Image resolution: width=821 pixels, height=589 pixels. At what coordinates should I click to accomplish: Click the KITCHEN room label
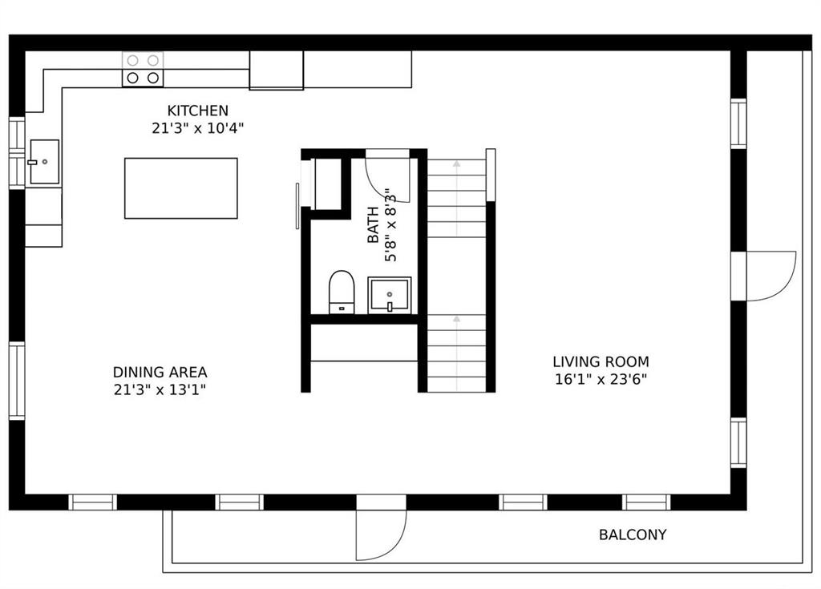197,111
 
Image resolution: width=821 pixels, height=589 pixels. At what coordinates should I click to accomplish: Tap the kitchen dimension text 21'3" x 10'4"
197,127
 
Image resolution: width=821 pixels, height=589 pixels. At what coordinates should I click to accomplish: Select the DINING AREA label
160,372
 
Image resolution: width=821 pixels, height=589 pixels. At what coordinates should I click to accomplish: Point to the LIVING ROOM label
601,361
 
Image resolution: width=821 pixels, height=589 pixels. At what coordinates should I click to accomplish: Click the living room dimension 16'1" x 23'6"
601,379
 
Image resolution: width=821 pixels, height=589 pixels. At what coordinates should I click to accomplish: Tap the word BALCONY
633,535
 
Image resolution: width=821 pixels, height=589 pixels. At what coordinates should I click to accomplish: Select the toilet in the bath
342,292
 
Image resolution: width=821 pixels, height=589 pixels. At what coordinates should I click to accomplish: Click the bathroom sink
389,295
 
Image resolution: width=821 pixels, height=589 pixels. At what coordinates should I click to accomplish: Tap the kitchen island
180,188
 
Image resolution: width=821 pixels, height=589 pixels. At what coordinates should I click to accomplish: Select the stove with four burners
142,69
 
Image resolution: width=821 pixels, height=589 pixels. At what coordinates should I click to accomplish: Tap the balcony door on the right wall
768,276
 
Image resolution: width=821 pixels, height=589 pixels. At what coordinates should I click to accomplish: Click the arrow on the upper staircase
456,164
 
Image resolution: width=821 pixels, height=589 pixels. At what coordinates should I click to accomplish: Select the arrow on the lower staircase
456,320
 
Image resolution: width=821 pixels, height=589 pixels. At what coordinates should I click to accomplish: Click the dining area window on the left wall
16,381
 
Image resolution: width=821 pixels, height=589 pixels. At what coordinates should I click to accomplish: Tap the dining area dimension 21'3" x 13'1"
160,390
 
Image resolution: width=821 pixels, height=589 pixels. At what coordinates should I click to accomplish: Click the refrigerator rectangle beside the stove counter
276,71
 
